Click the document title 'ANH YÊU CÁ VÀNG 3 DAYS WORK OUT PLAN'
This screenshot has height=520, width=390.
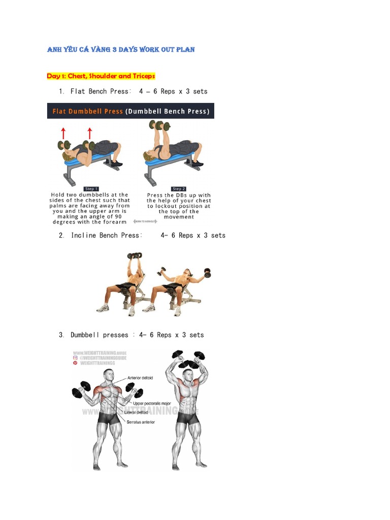[121, 50]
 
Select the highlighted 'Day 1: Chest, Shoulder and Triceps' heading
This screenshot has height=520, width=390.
[101, 76]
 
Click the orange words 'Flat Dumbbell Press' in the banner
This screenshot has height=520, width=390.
[86, 111]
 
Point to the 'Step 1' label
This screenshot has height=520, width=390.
[91, 189]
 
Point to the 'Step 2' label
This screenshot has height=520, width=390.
[179, 189]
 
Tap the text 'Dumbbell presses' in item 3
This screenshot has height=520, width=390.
[99, 335]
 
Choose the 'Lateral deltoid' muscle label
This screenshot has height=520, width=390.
[137, 412]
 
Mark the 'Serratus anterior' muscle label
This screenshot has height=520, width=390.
[141, 422]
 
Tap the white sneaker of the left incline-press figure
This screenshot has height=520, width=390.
[103, 308]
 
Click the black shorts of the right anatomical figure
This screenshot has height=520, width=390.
[188, 418]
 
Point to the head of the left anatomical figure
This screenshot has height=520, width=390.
[108, 375]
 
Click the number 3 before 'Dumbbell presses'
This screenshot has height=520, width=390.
[61, 335]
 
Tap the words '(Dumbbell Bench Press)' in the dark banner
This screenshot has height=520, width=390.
[168, 111]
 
